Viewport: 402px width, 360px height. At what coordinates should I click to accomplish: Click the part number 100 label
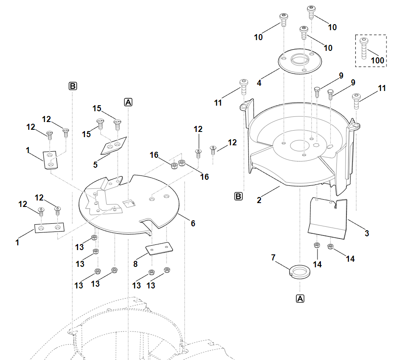click(x=377, y=60)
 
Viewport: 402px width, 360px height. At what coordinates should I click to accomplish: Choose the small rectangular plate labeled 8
click(x=159, y=249)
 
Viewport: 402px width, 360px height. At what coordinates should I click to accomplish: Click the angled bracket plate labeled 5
click(x=114, y=145)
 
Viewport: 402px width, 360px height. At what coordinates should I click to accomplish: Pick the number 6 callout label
click(x=193, y=223)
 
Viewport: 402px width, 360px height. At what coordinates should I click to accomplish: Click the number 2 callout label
click(x=259, y=200)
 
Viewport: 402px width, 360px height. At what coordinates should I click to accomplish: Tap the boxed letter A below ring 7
click(x=300, y=298)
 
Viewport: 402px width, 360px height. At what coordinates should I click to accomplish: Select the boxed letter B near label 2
click(x=238, y=197)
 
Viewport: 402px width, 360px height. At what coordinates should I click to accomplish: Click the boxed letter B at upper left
click(x=72, y=86)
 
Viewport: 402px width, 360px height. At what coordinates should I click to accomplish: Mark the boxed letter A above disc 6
click(x=128, y=102)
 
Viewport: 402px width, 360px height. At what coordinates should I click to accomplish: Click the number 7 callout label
click(x=273, y=257)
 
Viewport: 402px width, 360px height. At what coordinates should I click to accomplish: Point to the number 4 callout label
click(x=259, y=83)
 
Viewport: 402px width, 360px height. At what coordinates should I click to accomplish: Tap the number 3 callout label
click(x=367, y=233)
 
